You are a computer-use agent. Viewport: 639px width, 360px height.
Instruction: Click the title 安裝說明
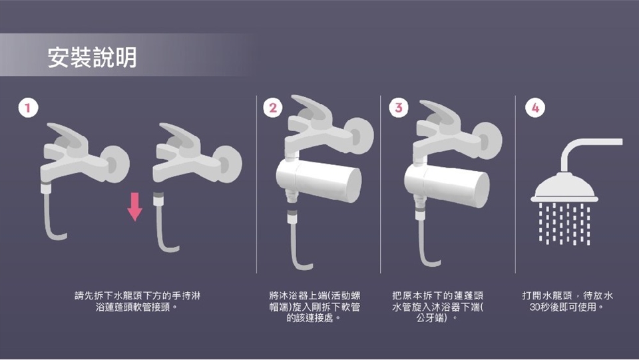(92, 57)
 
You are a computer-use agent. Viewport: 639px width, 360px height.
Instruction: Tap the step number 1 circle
(28, 108)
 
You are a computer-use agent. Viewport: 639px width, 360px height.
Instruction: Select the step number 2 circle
(273, 108)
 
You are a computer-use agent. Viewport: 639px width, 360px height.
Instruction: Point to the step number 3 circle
(399, 108)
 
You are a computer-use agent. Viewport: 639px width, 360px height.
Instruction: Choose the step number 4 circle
(535, 108)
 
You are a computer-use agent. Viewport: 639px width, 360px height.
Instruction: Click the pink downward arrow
(134, 206)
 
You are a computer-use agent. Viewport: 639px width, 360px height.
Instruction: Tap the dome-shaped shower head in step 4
(564, 188)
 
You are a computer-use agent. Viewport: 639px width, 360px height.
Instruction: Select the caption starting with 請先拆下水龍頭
(137, 301)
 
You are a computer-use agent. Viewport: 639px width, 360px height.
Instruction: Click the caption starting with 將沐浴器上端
(315, 307)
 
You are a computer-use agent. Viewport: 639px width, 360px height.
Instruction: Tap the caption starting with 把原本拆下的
(438, 307)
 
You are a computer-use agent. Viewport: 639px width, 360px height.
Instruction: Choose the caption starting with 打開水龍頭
(568, 301)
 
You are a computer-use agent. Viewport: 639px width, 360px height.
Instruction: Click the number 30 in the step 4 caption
(535, 307)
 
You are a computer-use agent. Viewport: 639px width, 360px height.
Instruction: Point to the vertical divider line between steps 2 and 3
(380, 184)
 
